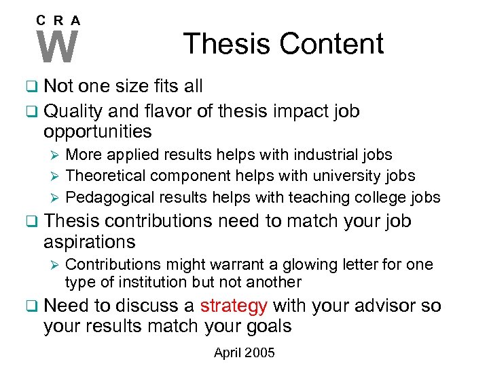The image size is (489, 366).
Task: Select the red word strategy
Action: tap(233, 306)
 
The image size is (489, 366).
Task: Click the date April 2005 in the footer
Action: tap(244, 352)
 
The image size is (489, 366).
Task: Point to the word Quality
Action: tap(74, 111)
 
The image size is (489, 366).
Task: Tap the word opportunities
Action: tap(98, 131)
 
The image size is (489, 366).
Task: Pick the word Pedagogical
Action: tap(109, 197)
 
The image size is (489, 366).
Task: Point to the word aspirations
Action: tap(90, 241)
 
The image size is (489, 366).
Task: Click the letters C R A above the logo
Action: tap(58, 20)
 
